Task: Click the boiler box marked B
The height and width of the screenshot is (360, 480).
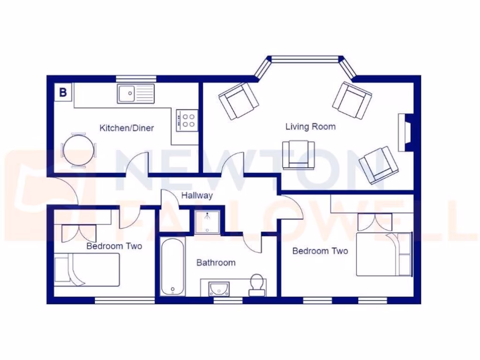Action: [63, 92]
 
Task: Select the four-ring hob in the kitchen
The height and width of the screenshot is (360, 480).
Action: [187, 120]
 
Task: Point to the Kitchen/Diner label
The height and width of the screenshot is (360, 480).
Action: [127, 128]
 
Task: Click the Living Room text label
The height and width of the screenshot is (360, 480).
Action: [310, 127]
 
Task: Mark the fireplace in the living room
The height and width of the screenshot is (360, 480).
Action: [404, 132]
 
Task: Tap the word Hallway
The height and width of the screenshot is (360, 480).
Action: [197, 195]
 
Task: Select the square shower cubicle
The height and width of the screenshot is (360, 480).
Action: [206, 222]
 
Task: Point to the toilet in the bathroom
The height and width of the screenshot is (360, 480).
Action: [256, 284]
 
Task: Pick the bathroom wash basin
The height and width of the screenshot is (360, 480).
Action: [218, 287]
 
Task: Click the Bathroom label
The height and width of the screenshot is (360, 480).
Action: [216, 262]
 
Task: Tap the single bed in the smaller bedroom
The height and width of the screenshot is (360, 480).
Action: [87, 270]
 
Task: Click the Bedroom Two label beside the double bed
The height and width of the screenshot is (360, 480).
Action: [320, 251]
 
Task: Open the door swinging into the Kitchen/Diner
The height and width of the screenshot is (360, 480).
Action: [137, 165]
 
